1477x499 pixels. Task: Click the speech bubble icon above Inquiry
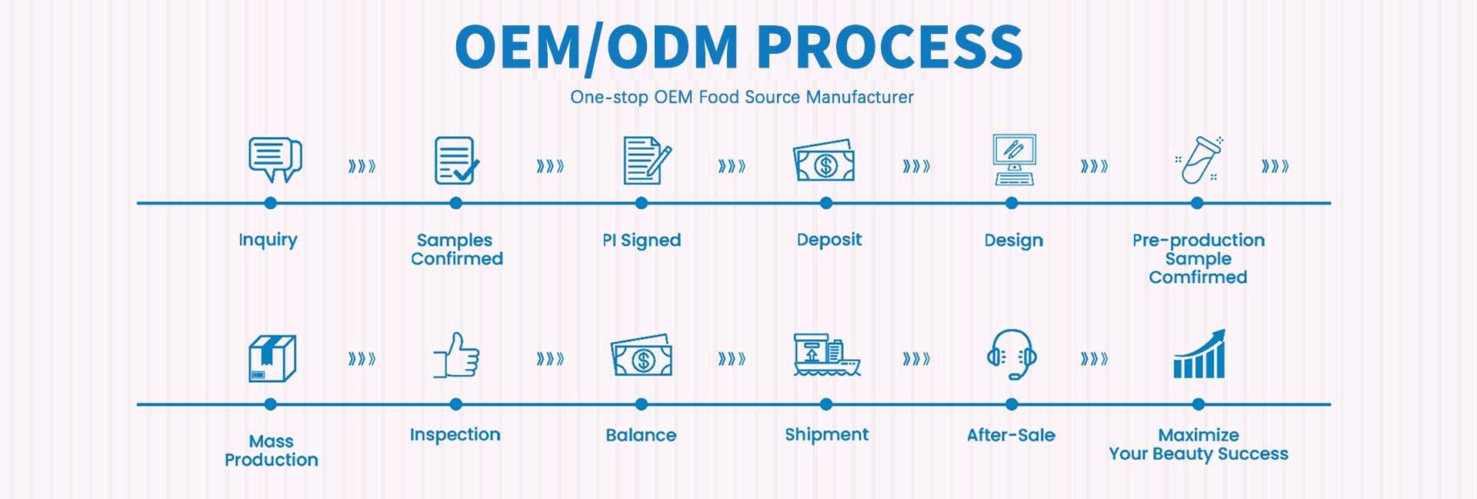coord(275,159)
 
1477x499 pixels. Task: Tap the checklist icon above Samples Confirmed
coord(456,160)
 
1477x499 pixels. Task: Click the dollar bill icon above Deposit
coord(825,161)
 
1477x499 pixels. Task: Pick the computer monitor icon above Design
coord(1014,160)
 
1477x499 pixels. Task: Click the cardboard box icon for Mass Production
coord(272,358)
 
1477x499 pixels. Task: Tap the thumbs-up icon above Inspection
coord(457,355)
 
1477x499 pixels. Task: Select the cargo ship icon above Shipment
coord(826,355)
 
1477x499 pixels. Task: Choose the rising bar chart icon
coord(1199,354)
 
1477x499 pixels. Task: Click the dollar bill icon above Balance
coord(642,357)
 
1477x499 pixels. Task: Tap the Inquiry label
coord(268,240)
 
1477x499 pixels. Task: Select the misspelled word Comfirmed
coord(1198,278)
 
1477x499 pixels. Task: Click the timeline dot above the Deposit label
coord(826,203)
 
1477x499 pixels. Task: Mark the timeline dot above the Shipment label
coord(826,404)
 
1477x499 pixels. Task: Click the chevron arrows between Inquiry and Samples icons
coord(362,166)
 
